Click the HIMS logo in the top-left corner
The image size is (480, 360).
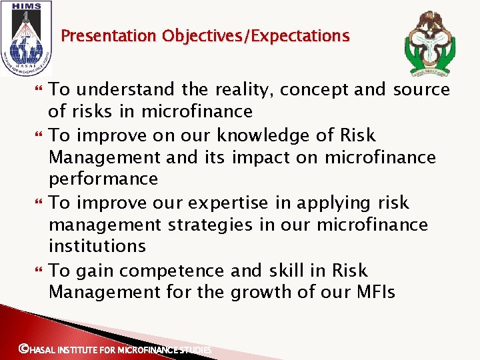[x=26, y=37]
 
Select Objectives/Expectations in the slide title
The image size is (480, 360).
[x=254, y=36]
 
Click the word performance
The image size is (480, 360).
[x=103, y=179]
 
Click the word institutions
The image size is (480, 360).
[x=97, y=246]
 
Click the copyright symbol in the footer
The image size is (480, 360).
[x=23, y=348]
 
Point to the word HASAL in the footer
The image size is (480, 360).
[x=43, y=349]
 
